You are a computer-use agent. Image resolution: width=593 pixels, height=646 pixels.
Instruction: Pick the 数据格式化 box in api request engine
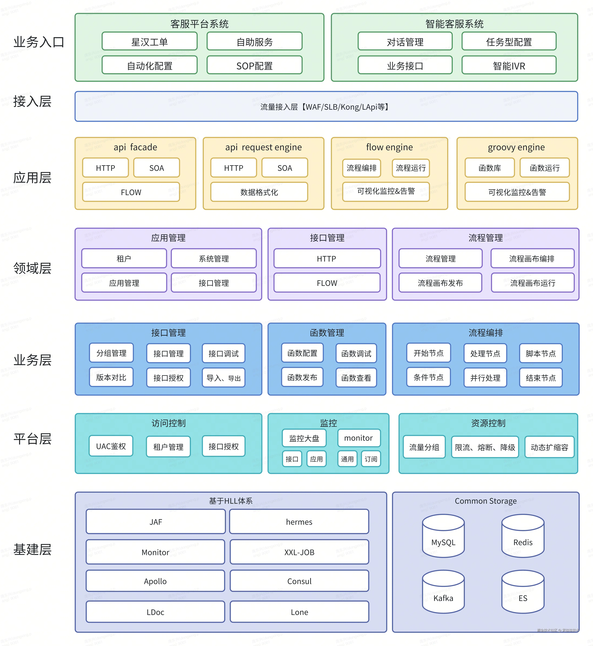click(259, 192)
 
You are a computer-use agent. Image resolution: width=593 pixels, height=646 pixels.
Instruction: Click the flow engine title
click(389, 147)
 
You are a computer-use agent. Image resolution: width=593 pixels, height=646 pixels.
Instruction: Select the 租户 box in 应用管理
click(124, 258)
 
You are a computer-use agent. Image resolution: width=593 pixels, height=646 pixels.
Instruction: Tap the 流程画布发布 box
click(440, 283)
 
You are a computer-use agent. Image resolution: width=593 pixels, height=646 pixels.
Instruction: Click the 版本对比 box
click(111, 377)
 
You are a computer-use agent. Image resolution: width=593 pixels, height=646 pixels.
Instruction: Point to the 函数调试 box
click(356, 353)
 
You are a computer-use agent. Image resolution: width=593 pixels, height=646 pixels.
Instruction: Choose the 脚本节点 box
click(541, 353)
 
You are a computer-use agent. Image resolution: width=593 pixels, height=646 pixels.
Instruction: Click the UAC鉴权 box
click(111, 446)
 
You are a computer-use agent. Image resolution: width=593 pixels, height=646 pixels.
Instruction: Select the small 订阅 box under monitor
click(371, 459)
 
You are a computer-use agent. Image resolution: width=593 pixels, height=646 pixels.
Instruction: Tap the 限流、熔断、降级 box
click(485, 447)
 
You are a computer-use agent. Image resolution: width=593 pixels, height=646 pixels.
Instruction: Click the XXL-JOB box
click(299, 552)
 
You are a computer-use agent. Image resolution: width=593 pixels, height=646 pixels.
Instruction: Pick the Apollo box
click(155, 581)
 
